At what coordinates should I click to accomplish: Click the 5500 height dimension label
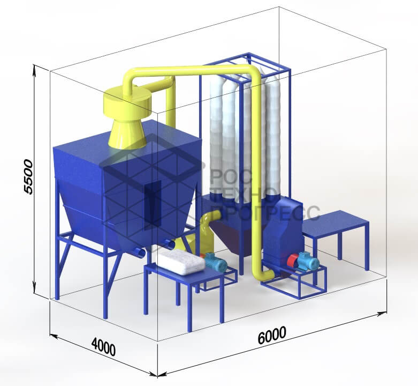point(28,177)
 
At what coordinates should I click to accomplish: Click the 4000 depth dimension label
point(103,346)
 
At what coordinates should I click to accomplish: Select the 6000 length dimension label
point(272,335)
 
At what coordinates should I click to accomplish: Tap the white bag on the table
point(183,262)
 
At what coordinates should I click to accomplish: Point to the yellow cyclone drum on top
point(127,103)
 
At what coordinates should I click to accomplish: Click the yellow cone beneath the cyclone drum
point(127,134)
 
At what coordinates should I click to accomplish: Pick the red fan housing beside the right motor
point(293,261)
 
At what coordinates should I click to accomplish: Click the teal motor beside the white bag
point(216,262)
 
